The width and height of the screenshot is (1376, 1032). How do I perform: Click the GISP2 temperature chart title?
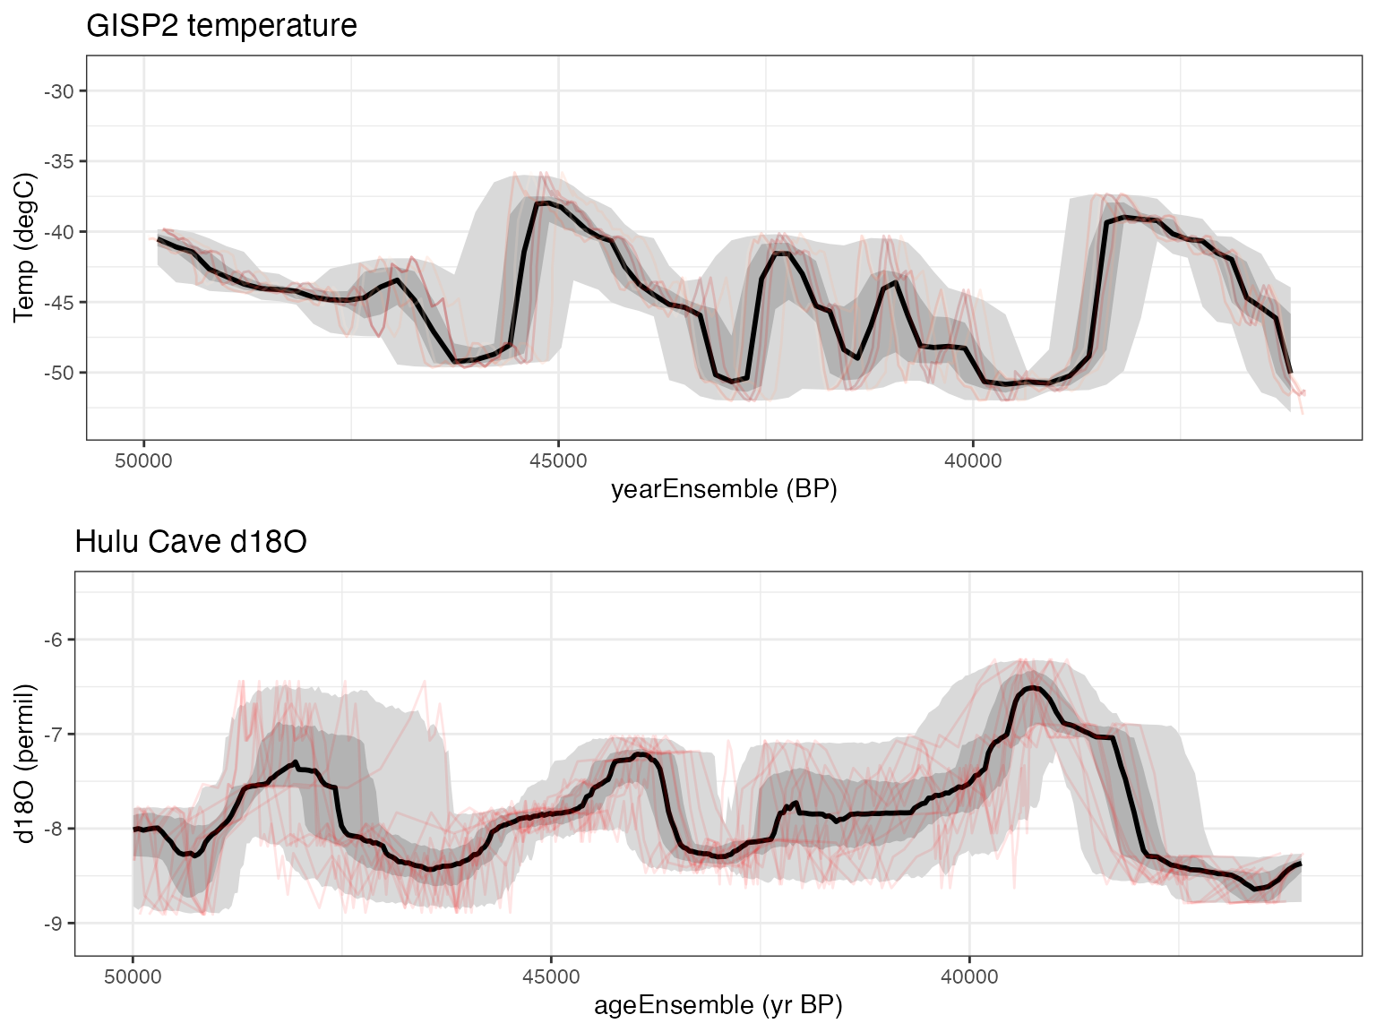221,25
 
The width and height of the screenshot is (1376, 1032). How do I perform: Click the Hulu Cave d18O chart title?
191,542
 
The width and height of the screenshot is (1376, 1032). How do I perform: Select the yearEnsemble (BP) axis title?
724,489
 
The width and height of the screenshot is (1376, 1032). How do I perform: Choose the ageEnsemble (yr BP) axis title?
718,1005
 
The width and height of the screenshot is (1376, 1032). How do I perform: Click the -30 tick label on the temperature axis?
60,90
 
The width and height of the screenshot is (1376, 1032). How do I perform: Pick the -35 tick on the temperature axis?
60,161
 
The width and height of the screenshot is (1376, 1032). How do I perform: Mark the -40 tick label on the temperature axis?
60,232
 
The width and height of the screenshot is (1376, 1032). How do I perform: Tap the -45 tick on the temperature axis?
60,302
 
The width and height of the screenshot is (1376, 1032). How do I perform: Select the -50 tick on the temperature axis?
60,373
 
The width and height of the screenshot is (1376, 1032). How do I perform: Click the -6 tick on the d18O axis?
54,640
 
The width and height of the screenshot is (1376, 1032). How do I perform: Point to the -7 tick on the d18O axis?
54,734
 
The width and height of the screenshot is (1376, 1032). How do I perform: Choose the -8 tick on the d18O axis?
54,829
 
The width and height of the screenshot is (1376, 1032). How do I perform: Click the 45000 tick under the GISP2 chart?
558,460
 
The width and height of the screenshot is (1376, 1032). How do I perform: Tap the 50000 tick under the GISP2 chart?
143,460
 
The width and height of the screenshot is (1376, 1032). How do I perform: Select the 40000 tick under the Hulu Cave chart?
969,976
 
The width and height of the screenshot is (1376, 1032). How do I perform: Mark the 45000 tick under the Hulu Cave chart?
551,976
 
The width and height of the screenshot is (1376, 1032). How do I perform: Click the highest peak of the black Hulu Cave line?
1033,687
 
